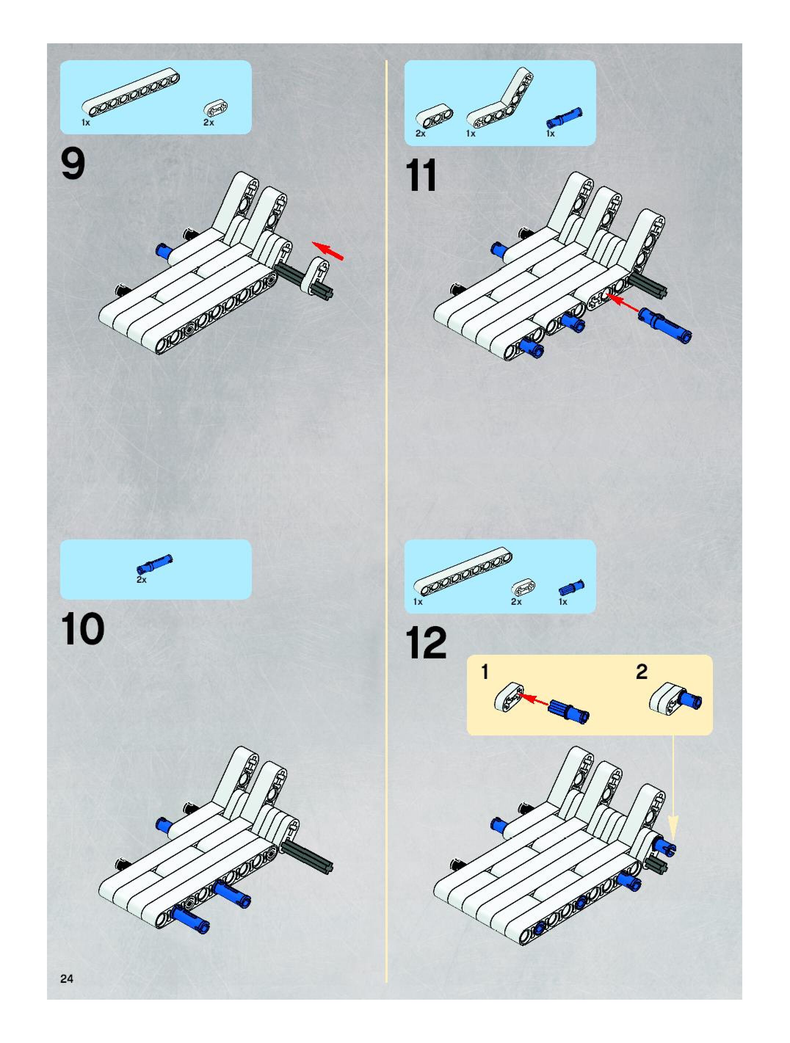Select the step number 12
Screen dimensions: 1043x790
(426, 643)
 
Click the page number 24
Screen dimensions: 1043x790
(66, 978)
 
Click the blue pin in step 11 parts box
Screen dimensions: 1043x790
(564, 118)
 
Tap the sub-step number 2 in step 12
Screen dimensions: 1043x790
(641, 672)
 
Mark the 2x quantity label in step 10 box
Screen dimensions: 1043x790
(141, 579)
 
